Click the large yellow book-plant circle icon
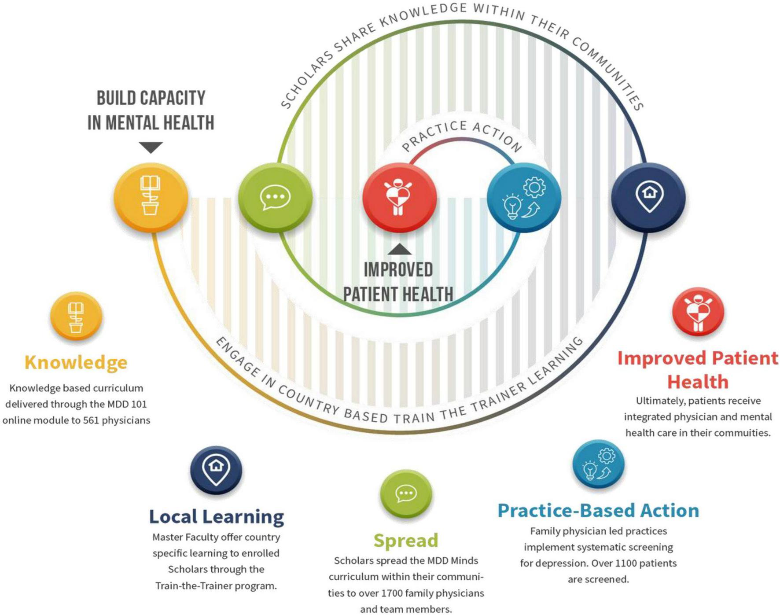tap(151, 197)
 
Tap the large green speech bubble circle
tap(275, 197)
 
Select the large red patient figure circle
tap(399, 197)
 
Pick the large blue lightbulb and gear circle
tap(524, 197)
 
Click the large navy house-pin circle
tap(649, 197)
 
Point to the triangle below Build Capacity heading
tap(151, 147)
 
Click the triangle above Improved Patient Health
tap(399, 250)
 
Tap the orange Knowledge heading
tap(76, 362)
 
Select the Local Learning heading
tap(216, 516)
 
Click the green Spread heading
tap(406, 540)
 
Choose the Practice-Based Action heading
tap(598, 511)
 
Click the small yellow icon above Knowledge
tap(76, 317)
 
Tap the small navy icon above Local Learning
tap(216, 470)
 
